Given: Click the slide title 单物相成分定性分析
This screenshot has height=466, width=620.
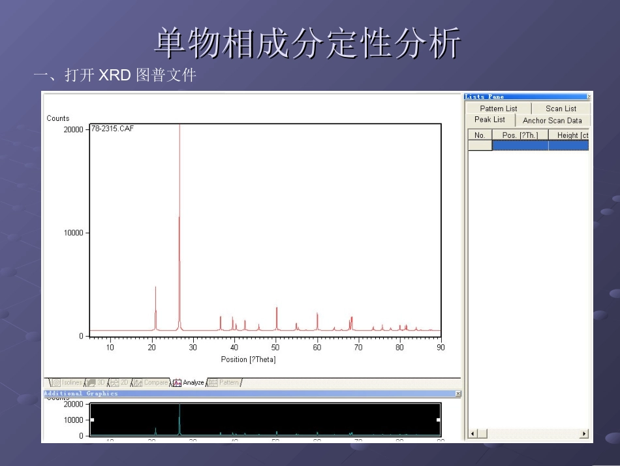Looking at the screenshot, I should coord(308,44).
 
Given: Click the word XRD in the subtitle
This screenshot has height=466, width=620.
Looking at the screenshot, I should coord(115,76).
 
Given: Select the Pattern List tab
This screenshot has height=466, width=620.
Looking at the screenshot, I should coord(498,108).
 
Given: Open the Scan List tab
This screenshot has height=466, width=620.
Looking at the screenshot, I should coord(561,108).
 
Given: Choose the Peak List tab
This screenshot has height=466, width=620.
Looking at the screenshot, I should coord(489,120).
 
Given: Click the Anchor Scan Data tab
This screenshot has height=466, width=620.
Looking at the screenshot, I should coord(552,120).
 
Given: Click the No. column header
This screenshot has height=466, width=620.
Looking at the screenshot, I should coord(480,135).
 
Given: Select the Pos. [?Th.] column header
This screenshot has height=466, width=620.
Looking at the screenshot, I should coord(520,135).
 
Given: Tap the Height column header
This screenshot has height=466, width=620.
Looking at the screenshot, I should coord(568,135).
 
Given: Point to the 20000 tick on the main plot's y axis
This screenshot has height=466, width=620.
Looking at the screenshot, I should coord(73,129).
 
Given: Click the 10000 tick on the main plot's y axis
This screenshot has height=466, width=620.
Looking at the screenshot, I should coord(73,233).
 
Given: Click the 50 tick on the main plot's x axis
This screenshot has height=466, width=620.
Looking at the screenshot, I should coord(275,348).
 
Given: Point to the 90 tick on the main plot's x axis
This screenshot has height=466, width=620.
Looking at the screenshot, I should coord(441,348).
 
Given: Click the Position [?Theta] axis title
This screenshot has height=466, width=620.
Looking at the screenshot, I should coord(248,359).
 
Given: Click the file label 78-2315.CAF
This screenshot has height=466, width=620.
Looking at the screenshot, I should coord(112,129).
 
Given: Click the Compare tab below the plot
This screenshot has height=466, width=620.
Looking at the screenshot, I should coord(155,383).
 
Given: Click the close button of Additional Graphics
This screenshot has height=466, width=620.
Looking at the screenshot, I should coord(457,393).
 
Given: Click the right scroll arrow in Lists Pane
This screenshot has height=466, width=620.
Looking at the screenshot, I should coord(583,434).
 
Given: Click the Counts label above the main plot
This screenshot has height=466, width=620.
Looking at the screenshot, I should coord(57,118).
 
